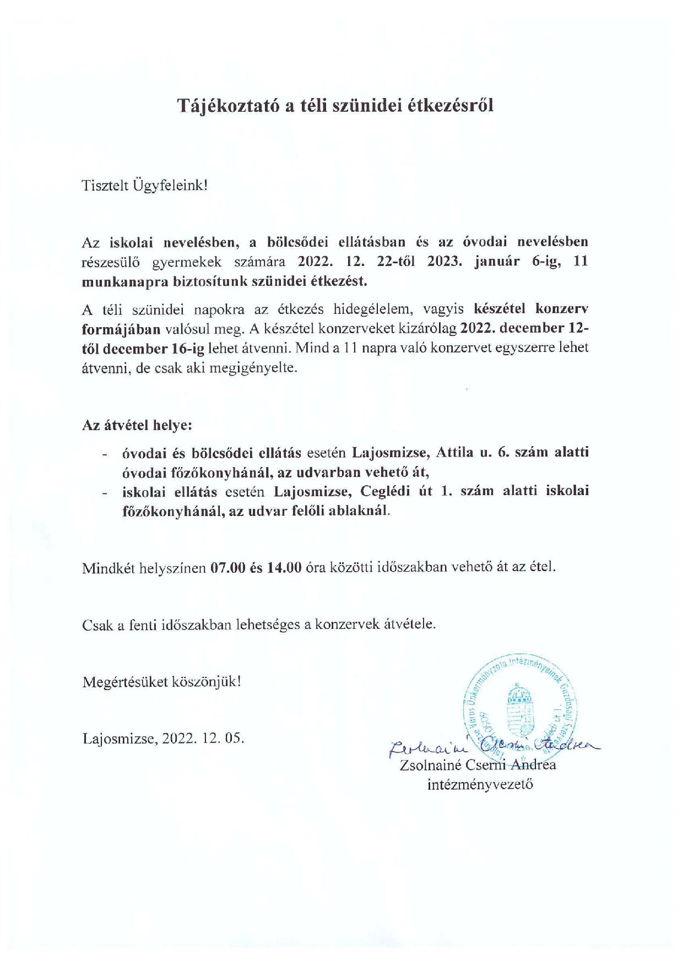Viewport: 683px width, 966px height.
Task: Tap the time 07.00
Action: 227,567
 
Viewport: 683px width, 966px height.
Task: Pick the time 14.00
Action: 284,567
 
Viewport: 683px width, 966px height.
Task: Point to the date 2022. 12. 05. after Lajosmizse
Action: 203,738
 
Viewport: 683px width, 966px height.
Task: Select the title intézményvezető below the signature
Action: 480,784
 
